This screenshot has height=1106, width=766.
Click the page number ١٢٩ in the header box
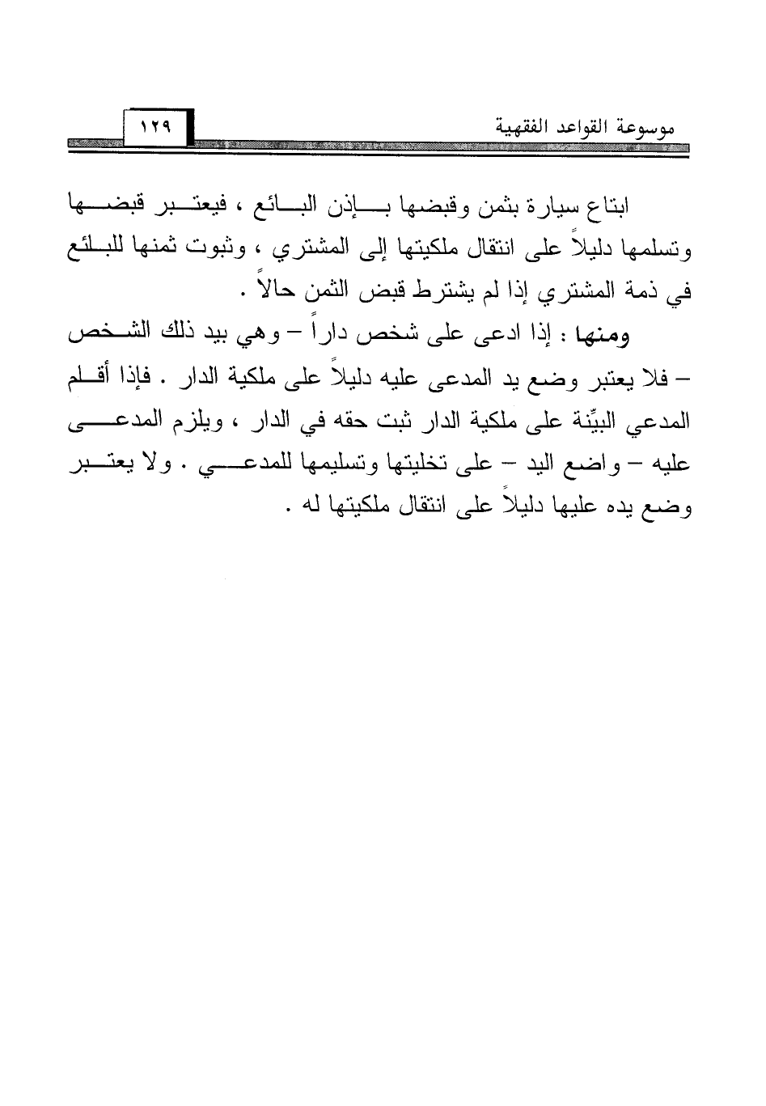pyautogui.click(x=151, y=126)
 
